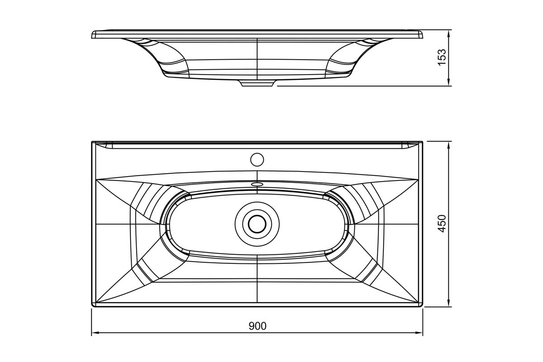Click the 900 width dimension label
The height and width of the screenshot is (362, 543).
tap(257, 326)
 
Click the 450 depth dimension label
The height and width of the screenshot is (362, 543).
tap(443, 224)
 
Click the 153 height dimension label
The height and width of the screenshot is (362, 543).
tap(443, 57)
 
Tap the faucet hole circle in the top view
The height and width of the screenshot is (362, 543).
tap(257, 160)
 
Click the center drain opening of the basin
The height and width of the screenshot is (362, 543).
tap(257, 224)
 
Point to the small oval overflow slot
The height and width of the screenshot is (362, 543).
tap(257, 184)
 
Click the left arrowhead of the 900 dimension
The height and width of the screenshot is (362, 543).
tap(95, 333)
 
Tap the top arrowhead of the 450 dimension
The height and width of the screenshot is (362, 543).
tap(449, 146)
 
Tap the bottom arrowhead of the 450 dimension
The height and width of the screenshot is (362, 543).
tap(449, 303)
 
